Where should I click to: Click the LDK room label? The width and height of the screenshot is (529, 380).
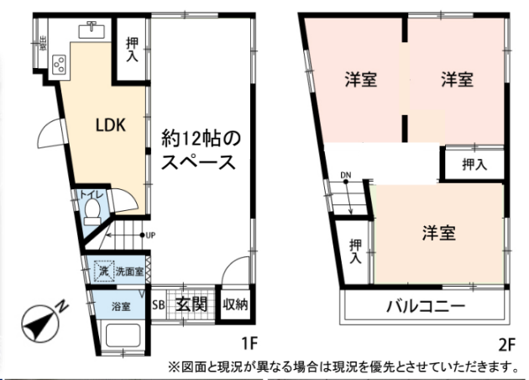coord(109,127)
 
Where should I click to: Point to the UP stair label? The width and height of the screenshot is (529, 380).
coord(149,235)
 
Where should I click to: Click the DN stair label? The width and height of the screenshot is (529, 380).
coord(345,175)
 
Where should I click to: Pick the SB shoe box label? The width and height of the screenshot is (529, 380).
coord(158,304)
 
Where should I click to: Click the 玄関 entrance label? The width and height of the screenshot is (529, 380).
coord(191,304)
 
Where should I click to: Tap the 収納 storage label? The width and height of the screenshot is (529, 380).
coord(234,304)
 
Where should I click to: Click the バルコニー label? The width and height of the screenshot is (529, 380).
coord(425,306)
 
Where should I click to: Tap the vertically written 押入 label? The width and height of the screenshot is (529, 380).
coord(355,251)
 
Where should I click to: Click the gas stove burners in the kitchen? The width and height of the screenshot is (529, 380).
coord(60,62)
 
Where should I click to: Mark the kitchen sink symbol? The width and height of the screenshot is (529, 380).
coord(90,29)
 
